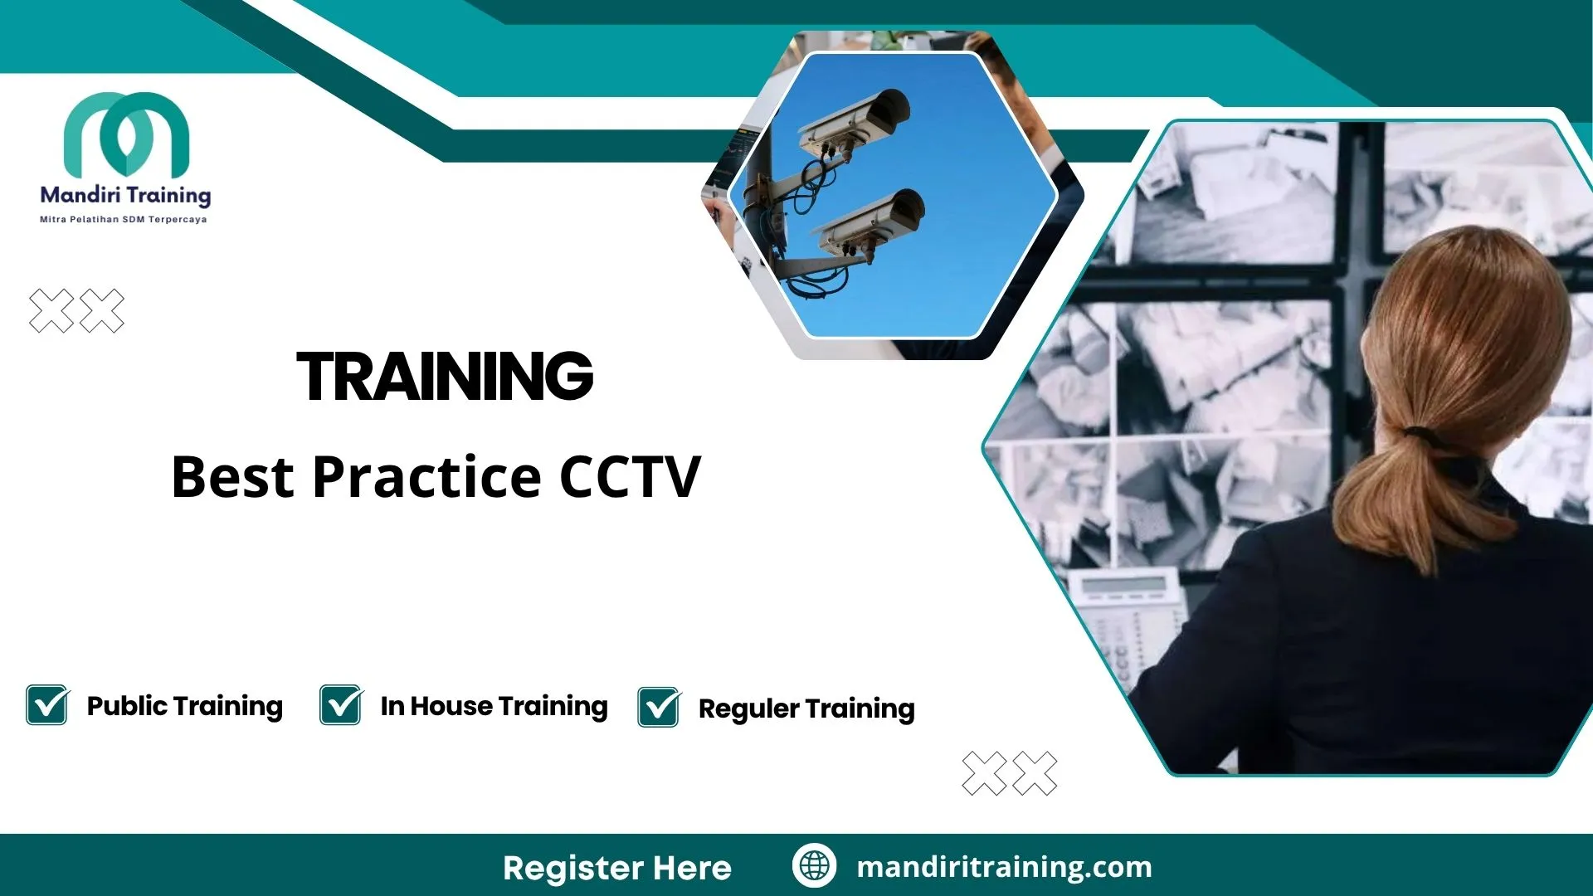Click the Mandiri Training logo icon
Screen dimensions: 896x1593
pyautogui.click(x=126, y=134)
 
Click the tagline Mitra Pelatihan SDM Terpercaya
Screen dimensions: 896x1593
pyautogui.click(x=124, y=220)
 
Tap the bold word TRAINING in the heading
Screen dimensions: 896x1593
pyautogui.click(x=446, y=377)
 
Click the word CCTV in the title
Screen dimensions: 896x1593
pyautogui.click(x=631, y=477)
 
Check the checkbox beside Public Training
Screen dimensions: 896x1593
pyautogui.click(x=47, y=705)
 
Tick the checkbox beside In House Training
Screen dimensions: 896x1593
pyautogui.click(x=341, y=705)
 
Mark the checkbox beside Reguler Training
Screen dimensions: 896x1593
pyautogui.click(x=659, y=708)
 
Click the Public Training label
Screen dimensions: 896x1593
pyautogui.click(x=185, y=706)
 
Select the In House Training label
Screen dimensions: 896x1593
pyautogui.click(x=494, y=706)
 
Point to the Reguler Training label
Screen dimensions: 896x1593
pyautogui.click(x=806, y=709)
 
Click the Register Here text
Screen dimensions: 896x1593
pyautogui.click(x=617, y=868)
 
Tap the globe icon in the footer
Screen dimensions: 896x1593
pyautogui.click(x=814, y=865)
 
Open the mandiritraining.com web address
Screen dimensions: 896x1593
pyautogui.click(x=1004, y=867)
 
